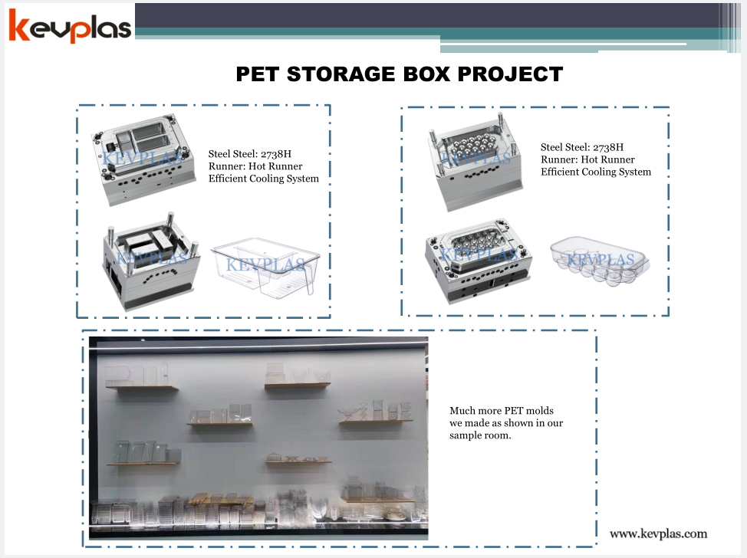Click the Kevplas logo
point(70,26)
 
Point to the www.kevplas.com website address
point(658,533)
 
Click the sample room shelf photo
point(258,438)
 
